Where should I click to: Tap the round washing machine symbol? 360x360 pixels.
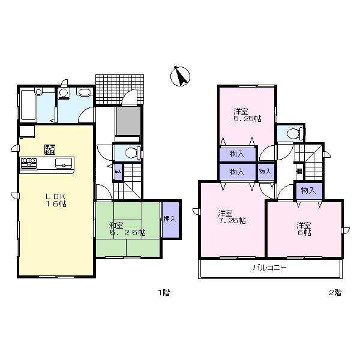[65, 93]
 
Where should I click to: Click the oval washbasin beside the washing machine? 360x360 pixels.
[85, 92]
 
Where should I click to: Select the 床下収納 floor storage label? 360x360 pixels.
[50, 149]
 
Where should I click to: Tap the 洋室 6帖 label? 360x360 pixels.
[304, 229]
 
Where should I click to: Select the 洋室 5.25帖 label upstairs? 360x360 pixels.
[247, 115]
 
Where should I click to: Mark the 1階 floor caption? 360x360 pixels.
[164, 293]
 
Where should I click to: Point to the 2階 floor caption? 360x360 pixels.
[335, 293]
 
